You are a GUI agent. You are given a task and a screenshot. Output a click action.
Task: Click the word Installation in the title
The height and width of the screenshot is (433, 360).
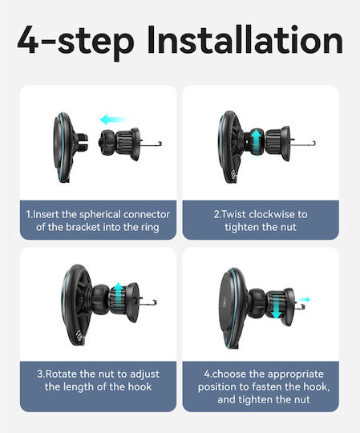pos(245,39)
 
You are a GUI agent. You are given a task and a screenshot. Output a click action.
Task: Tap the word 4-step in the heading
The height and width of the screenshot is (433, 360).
pos(76,42)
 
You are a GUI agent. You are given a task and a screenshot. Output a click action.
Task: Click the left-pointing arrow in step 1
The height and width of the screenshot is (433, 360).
pos(115,119)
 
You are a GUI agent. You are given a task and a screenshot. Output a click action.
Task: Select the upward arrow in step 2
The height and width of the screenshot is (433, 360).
pos(257,140)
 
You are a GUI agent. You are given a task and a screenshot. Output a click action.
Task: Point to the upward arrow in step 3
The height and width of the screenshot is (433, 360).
pos(119,294)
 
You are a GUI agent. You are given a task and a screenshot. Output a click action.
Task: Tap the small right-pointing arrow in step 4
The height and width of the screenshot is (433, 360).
pos(304,299)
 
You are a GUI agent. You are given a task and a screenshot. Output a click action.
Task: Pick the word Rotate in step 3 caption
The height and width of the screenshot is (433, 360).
pos(61,374)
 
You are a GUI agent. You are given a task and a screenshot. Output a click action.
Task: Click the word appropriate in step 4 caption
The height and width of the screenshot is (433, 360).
pos(295,374)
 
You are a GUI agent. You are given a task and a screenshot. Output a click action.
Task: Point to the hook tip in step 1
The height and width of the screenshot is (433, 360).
pos(160,144)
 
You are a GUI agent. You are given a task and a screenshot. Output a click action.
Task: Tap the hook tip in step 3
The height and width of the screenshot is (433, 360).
pos(155,301)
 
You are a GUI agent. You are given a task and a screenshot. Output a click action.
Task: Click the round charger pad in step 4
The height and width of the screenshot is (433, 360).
pos(233,308)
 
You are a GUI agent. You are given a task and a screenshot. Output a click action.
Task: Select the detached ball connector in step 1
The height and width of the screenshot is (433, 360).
pos(106,143)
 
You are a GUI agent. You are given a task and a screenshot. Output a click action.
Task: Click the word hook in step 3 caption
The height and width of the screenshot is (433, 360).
pos(140,386)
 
